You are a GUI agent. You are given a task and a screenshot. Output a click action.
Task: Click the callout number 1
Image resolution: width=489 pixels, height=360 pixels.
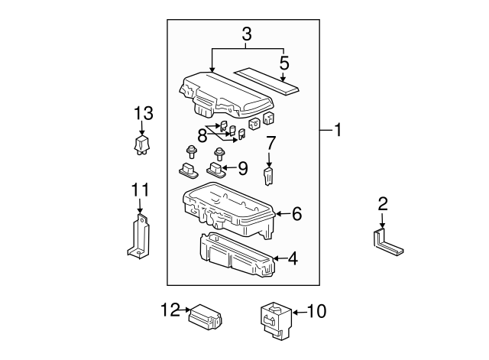click(337, 131)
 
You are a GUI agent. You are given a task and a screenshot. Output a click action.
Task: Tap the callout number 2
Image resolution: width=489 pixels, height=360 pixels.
click(383, 203)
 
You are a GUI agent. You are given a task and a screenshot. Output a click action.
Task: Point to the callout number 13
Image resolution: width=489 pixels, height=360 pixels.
click(144, 114)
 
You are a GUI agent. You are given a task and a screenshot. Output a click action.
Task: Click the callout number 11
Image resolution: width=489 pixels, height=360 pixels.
click(138, 189)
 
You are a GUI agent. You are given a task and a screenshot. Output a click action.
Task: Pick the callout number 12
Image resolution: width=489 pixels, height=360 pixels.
click(170, 310)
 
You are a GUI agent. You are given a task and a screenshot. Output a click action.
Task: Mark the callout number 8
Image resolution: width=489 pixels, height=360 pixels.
click(202, 135)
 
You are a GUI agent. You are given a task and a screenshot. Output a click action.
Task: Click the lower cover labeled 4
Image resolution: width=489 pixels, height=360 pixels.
click(232, 255)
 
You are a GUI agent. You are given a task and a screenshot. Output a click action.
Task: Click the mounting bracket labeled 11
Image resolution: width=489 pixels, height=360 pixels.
click(138, 237)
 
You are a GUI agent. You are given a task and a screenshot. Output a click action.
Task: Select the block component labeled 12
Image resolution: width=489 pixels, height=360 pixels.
click(205, 315)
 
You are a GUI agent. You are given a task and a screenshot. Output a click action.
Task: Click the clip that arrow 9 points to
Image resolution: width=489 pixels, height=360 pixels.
click(216, 167)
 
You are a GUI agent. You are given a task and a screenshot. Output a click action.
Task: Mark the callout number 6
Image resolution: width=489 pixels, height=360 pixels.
click(296, 215)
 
